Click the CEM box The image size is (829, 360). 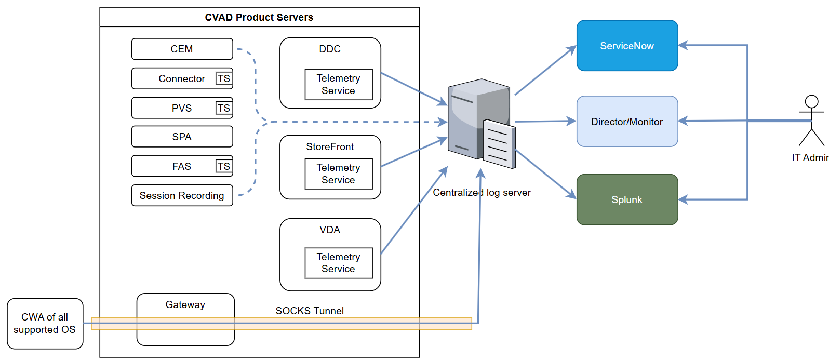coord(182,49)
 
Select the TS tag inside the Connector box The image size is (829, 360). coord(223,78)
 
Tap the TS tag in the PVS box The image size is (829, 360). coord(223,108)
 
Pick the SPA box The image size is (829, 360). coord(182,137)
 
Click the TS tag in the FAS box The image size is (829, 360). coord(223,166)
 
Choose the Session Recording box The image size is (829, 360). coord(182,195)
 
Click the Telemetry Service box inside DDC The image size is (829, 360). coord(338,85)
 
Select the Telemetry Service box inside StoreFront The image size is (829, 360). coord(338,174)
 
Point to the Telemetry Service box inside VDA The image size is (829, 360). coord(338,263)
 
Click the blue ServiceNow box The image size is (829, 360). coord(627,46)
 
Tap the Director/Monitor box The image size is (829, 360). coord(627,122)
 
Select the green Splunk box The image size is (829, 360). coord(627,199)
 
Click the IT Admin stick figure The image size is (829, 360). coord(811,121)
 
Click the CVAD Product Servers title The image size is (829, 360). coord(259,17)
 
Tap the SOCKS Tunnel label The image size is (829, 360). coord(310,311)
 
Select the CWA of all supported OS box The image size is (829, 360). coord(45,323)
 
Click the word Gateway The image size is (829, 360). coord(185,305)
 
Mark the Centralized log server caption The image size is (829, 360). coord(482,193)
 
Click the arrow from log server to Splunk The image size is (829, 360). coord(545,175)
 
